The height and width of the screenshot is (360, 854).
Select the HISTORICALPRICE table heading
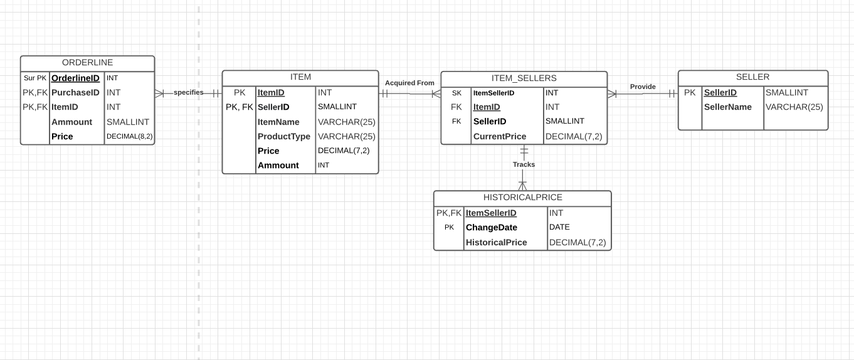(522, 198)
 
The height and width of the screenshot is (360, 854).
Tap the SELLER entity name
(752, 77)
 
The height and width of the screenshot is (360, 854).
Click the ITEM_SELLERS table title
(524, 78)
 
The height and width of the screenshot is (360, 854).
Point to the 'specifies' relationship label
(188, 92)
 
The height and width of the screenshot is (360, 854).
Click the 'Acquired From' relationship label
(409, 83)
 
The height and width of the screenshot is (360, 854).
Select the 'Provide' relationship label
(643, 87)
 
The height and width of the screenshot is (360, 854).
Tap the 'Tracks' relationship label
(524, 164)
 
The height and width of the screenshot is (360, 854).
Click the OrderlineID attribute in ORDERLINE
(75, 78)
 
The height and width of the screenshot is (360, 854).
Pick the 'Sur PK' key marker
(35, 78)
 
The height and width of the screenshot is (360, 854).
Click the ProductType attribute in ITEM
(284, 137)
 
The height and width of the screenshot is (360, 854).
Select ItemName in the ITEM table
(278, 122)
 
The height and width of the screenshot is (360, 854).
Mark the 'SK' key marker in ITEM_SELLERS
(456, 93)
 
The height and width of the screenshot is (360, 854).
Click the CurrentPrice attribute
(500, 137)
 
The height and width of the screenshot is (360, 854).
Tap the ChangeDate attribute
(491, 228)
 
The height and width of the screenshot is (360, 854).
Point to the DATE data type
(559, 228)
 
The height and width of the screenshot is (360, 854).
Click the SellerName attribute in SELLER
(727, 107)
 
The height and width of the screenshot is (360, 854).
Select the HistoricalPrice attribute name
(496, 243)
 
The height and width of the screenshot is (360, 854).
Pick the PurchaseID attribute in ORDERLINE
(75, 93)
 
